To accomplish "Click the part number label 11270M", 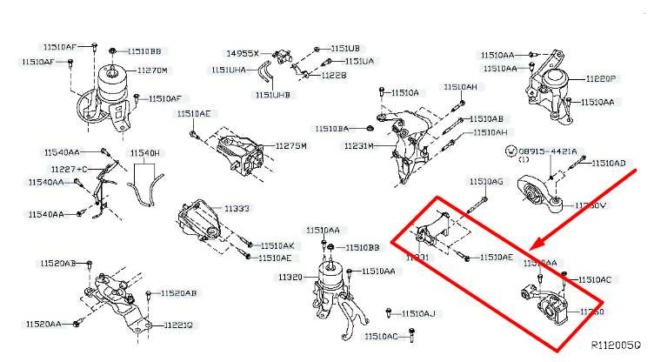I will tap(153, 70).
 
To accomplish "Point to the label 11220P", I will tap(598, 78).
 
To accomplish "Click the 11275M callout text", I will tap(291, 145).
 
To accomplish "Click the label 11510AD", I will tap(608, 163).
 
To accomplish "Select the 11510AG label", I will tap(486, 181).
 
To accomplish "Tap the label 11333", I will tap(237, 209).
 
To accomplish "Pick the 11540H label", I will tap(145, 153).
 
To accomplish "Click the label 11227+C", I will tap(69, 168).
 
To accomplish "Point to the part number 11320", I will tap(290, 277).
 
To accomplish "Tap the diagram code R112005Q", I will tap(617, 345).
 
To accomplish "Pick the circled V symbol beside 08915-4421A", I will tap(511, 151).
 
